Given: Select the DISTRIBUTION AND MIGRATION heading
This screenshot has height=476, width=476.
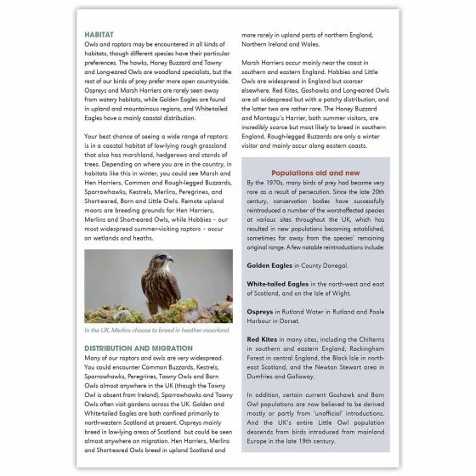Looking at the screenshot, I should tap(138, 348).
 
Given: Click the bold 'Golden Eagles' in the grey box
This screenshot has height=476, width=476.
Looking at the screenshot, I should tap(268, 266).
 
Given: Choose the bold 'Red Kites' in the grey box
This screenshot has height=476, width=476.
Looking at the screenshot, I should tap(263, 340).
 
